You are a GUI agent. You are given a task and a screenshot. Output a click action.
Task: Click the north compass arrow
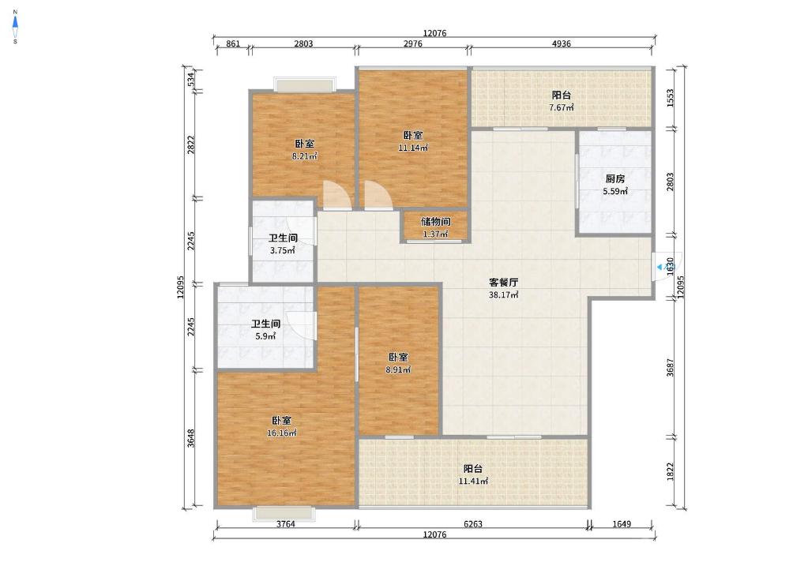(x=15, y=22)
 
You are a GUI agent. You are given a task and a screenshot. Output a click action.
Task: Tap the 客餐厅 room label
(x=503, y=282)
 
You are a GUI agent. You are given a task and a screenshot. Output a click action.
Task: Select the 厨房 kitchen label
(x=615, y=178)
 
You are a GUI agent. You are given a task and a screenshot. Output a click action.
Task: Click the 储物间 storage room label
(x=435, y=222)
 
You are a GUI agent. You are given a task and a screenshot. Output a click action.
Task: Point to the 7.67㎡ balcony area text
(x=562, y=107)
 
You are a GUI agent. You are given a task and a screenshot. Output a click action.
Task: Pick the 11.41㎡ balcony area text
(x=473, y=481)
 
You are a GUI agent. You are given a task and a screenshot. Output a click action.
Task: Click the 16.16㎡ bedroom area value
(x=282, y=433)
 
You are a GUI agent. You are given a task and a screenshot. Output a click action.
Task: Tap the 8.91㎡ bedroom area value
(x=398, y=369)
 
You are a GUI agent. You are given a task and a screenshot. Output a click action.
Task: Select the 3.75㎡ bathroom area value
(x=282, y=250)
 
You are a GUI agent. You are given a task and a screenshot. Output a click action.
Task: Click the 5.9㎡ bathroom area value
(x=265, y=336)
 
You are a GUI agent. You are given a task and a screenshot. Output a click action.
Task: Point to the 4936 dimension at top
(x=561, y=43)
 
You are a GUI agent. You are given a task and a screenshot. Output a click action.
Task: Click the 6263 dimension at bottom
(x=473, y=524)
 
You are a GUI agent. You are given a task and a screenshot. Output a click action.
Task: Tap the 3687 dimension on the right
(x=670, y=368)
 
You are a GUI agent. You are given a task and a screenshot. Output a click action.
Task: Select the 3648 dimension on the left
(x=190, y=438)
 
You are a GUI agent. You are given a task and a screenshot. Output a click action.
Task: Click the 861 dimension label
(x=233, y=43)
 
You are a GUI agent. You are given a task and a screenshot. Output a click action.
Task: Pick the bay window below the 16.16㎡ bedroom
(x=286, y=513)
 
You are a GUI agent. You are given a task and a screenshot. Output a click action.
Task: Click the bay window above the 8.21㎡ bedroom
(x=305, y=84)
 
